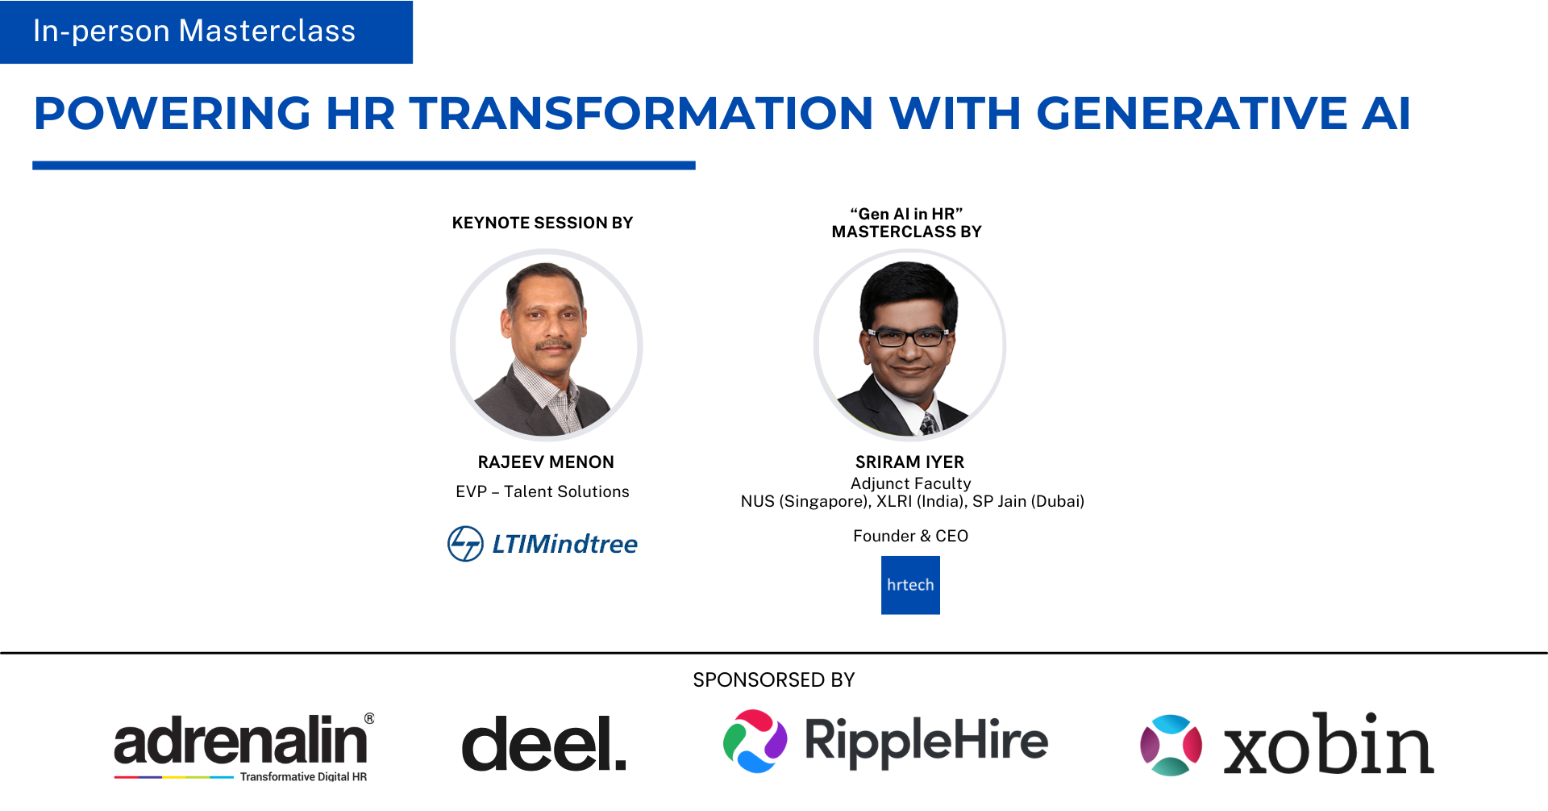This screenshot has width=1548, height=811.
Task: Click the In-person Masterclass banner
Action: pyautogui.click(x=206, y=32)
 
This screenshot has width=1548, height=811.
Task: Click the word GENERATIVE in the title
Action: pyautogui.click(x=1192, y=113)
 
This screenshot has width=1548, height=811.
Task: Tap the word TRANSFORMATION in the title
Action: pyautogui.click(x=642, y=113)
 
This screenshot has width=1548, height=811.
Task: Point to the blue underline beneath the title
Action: pyautogui.click(x=364, y=165)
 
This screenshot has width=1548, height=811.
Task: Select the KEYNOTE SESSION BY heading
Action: pyautogui.click(x=543, y=223)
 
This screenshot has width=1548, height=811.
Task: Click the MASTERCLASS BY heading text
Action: pyautogui.click(x=907, y=232)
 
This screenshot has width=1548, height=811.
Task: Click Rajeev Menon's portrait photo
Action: pyautogui.click(x=546, y=345)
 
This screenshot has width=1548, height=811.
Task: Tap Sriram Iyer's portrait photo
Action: pyautogui.click(x=910, y=345)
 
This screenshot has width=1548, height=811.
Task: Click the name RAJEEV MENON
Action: pyautogui.click(x=546, y=462)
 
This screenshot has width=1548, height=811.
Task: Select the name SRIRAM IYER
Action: pyautogui.click(x=910, y=462)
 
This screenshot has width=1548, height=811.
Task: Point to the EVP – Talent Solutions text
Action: pyautogui.click(x=543, y=491)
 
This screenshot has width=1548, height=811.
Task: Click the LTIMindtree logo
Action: pyautogui.click(x=543, y=544)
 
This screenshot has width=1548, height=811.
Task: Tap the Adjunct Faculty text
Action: pyautogui.click(x=911, y=483)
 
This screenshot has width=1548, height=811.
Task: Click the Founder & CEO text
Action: pyautogui.click(x=911, y=536)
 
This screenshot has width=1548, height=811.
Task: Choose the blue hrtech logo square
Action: pyautogui.click(x=910, y=585)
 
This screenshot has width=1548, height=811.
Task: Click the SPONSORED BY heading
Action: pyautogui.click(x=774, y=680)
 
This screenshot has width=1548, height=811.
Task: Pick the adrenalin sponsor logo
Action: pyautogui.click(x=244, y=747)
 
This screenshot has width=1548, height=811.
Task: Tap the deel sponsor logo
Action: pyautogui.click(x=544, y=743)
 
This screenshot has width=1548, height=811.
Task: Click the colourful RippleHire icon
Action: pyautogui.click(x=755, y=742)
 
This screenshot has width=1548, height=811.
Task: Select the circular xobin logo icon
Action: pyautogui.click(x=1171, y=745)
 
